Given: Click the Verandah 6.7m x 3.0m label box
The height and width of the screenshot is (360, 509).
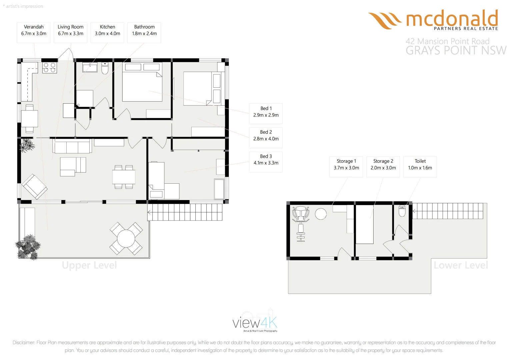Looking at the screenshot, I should click(34, 32).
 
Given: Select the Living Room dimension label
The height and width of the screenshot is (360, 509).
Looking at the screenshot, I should click(70, 32).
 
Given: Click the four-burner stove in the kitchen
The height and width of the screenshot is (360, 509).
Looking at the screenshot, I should click(49, 68).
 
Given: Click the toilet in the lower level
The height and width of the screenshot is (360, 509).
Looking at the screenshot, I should click(402, 211).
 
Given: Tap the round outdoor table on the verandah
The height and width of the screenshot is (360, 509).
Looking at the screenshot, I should click(126, 239).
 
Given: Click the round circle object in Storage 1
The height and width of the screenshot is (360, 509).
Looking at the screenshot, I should click(321, 214).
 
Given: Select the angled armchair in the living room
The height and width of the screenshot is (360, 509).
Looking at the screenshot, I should click(34, 186).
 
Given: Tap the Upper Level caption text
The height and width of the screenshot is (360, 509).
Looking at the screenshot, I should click(89, 265).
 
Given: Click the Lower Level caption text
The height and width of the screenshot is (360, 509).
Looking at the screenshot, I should click(461, 265).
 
